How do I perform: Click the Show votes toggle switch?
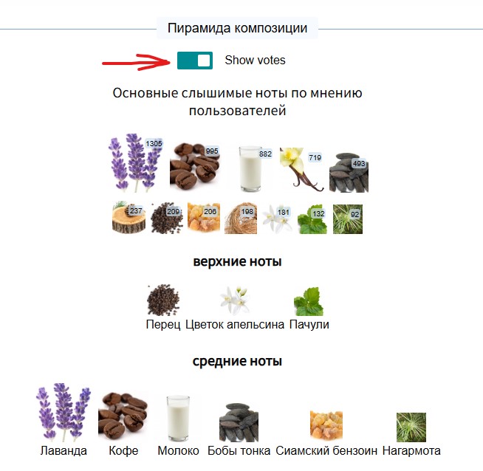pos(195,61)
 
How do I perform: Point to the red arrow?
pos(136,63)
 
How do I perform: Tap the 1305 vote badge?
pos(154,143)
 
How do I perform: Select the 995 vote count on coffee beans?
pos(212,151)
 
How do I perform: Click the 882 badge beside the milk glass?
pos(265,154)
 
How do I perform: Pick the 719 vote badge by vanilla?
pos(315,158)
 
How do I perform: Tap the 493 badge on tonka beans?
pos(359,163)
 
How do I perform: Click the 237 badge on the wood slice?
pos(136,211)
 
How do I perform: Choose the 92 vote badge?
pos(354,214)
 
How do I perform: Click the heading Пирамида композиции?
pos(237,28)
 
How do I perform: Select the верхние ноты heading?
pos(237,261)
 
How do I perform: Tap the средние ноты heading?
pos(237,361)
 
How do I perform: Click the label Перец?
pos(163,325)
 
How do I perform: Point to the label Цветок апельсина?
pos(235,325)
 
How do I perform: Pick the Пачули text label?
pos(309,325)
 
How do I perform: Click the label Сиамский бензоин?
pos(326,450)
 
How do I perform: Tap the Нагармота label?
pos(411,450)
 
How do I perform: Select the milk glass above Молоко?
pos(178,418)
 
